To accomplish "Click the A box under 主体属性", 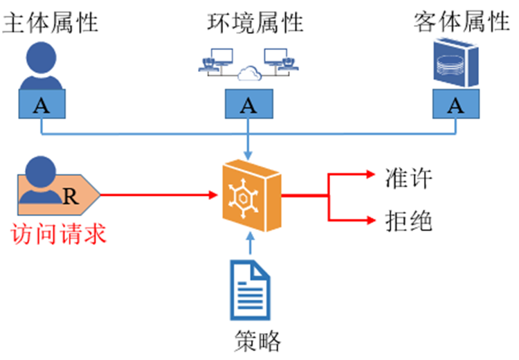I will point(42,106).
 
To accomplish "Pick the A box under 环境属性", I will point(248,106).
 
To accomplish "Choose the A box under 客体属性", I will point(455,106).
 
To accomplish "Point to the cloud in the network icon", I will point(247,72).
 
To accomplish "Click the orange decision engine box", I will point(249,195).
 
